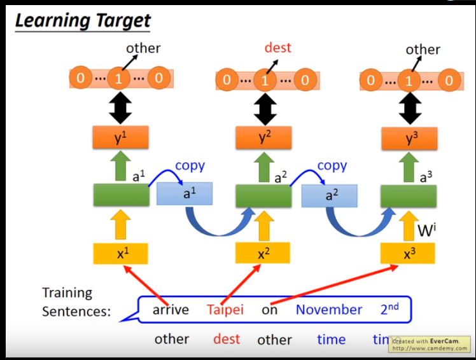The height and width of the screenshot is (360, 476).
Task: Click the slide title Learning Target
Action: click(x=83, y=20)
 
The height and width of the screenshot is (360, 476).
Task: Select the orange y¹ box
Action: click(x=121, y=138)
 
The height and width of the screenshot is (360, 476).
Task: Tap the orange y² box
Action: click(x=264, y=138)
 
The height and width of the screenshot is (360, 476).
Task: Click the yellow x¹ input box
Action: click(x=121, y=253)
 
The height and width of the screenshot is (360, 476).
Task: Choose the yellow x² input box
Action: click(x=263, y=253)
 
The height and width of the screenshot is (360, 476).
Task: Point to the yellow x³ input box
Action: click(x=408, y=253)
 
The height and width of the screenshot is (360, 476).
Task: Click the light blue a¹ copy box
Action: click(x=185, y=194)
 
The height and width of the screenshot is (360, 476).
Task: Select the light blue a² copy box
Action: click(x=329, y=195)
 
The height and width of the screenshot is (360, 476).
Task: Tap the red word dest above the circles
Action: click(x=277, y=48)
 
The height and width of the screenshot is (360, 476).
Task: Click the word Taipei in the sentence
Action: click(x=225, y=310)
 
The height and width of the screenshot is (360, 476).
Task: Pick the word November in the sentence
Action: click(x=328, y=310)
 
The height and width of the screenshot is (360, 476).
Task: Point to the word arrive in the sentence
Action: click(x=171, y=310)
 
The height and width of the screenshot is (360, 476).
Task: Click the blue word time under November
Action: click(x=331, y=339)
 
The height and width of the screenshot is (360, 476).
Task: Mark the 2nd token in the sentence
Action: click(x=389, y=308)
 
